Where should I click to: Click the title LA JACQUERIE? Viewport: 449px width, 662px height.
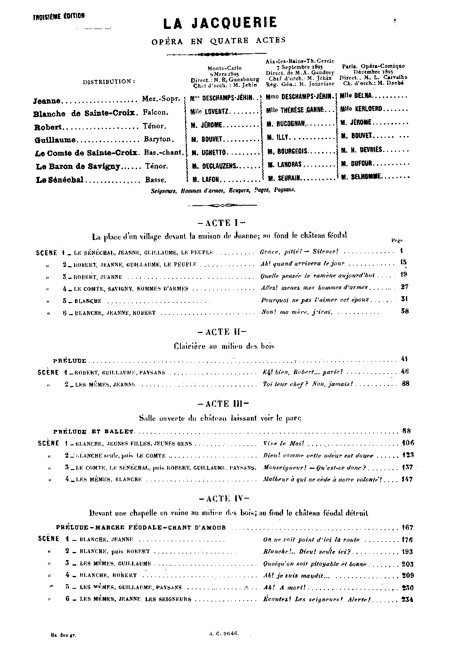click(x=220, y=23)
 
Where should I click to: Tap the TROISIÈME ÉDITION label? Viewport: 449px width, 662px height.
click(x=59, y=17)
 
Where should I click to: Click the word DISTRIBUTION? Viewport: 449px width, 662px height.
click(x=109, y=82)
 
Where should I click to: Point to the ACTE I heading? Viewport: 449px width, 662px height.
click(x=219, y=223)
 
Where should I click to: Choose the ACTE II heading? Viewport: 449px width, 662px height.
click(x=220, y=331)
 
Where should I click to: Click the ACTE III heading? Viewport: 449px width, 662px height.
click(x=220, y=404)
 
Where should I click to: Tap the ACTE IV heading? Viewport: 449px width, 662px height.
click(x=220, y=499)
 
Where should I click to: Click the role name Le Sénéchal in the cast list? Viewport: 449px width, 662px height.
click(x=60, y=180)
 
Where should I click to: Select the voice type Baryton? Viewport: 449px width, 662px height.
click(x=159, y=139)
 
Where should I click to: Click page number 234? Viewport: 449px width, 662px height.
click(x=407, y=599)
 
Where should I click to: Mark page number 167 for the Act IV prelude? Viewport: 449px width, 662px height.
click(x=407, y=528)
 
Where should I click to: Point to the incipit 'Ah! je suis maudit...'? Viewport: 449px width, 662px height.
click(x=296, y=575)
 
